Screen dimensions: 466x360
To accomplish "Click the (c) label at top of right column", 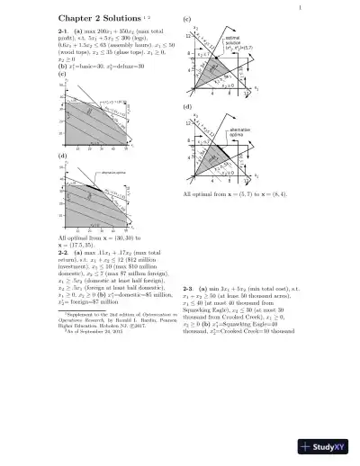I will click(x=186, y=18).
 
